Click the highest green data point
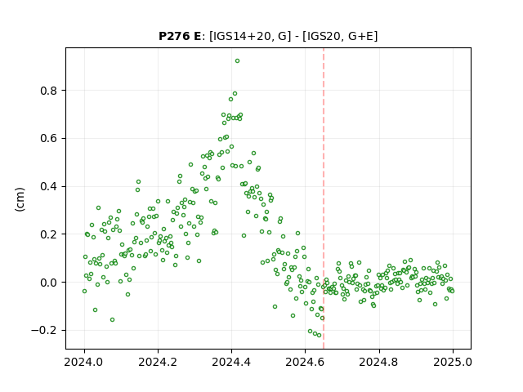[x=237, y=61]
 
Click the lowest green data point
[x=320, y=336]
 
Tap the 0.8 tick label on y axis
[x=50, y=91]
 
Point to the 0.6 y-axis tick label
[x=50, y=139]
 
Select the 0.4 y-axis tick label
[x=50, y=187]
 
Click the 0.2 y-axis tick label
[x=50, y=234]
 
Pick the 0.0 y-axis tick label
[x=50, y=283]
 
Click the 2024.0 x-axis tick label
[x=84, y=362]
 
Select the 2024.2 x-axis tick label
[x=158, y=362]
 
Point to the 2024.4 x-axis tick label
[x=231, y=362]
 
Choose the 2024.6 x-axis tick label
[x=305, y=362]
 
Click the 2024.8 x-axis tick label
[x=379, y=362]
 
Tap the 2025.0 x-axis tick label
[x=453, y=362]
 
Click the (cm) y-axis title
[x=20, y=199]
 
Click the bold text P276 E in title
[x=180, y=36]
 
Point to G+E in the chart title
[x=360, y=36]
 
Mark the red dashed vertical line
[x=324, y=198]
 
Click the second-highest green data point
[x=235, y=94]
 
